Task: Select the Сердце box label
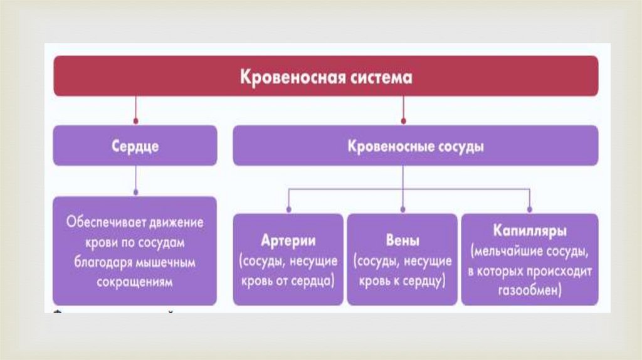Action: [x=135, y=147]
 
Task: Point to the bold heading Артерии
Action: [x=288, y=241]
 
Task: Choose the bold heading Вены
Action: [x=404, y=241]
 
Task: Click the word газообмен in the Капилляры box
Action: [x=529, y=292]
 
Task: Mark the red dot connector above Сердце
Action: [x=135, y=120]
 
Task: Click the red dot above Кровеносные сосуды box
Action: [x=404, y=120]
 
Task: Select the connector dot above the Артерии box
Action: [x=288, y=209]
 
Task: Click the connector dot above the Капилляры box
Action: [x=529, y=209]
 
